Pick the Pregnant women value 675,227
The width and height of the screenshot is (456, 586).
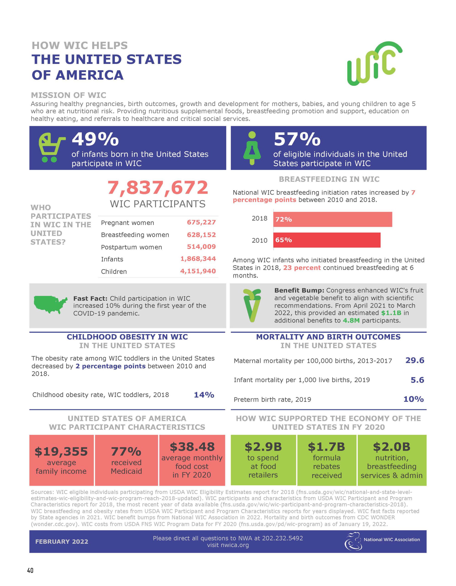[x=201, y=222]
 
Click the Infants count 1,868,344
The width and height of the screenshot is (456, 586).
[x=198, y=259]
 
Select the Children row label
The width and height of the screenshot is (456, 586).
[x=114, y=271]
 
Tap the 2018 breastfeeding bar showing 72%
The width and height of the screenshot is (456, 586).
[x=333, y=219]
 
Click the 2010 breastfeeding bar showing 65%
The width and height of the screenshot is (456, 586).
[x=327, y=240]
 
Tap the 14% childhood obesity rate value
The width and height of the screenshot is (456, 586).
[x=204, y=395]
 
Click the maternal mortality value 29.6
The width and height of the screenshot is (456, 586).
[x=415, y=360]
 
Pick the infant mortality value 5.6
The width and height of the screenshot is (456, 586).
[x=417, y=380]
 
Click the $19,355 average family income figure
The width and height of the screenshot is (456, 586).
[x=61, y=452]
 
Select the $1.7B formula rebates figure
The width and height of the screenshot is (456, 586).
[x=326, y=447]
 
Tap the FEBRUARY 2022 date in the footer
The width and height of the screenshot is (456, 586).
[x=62, y=541]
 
